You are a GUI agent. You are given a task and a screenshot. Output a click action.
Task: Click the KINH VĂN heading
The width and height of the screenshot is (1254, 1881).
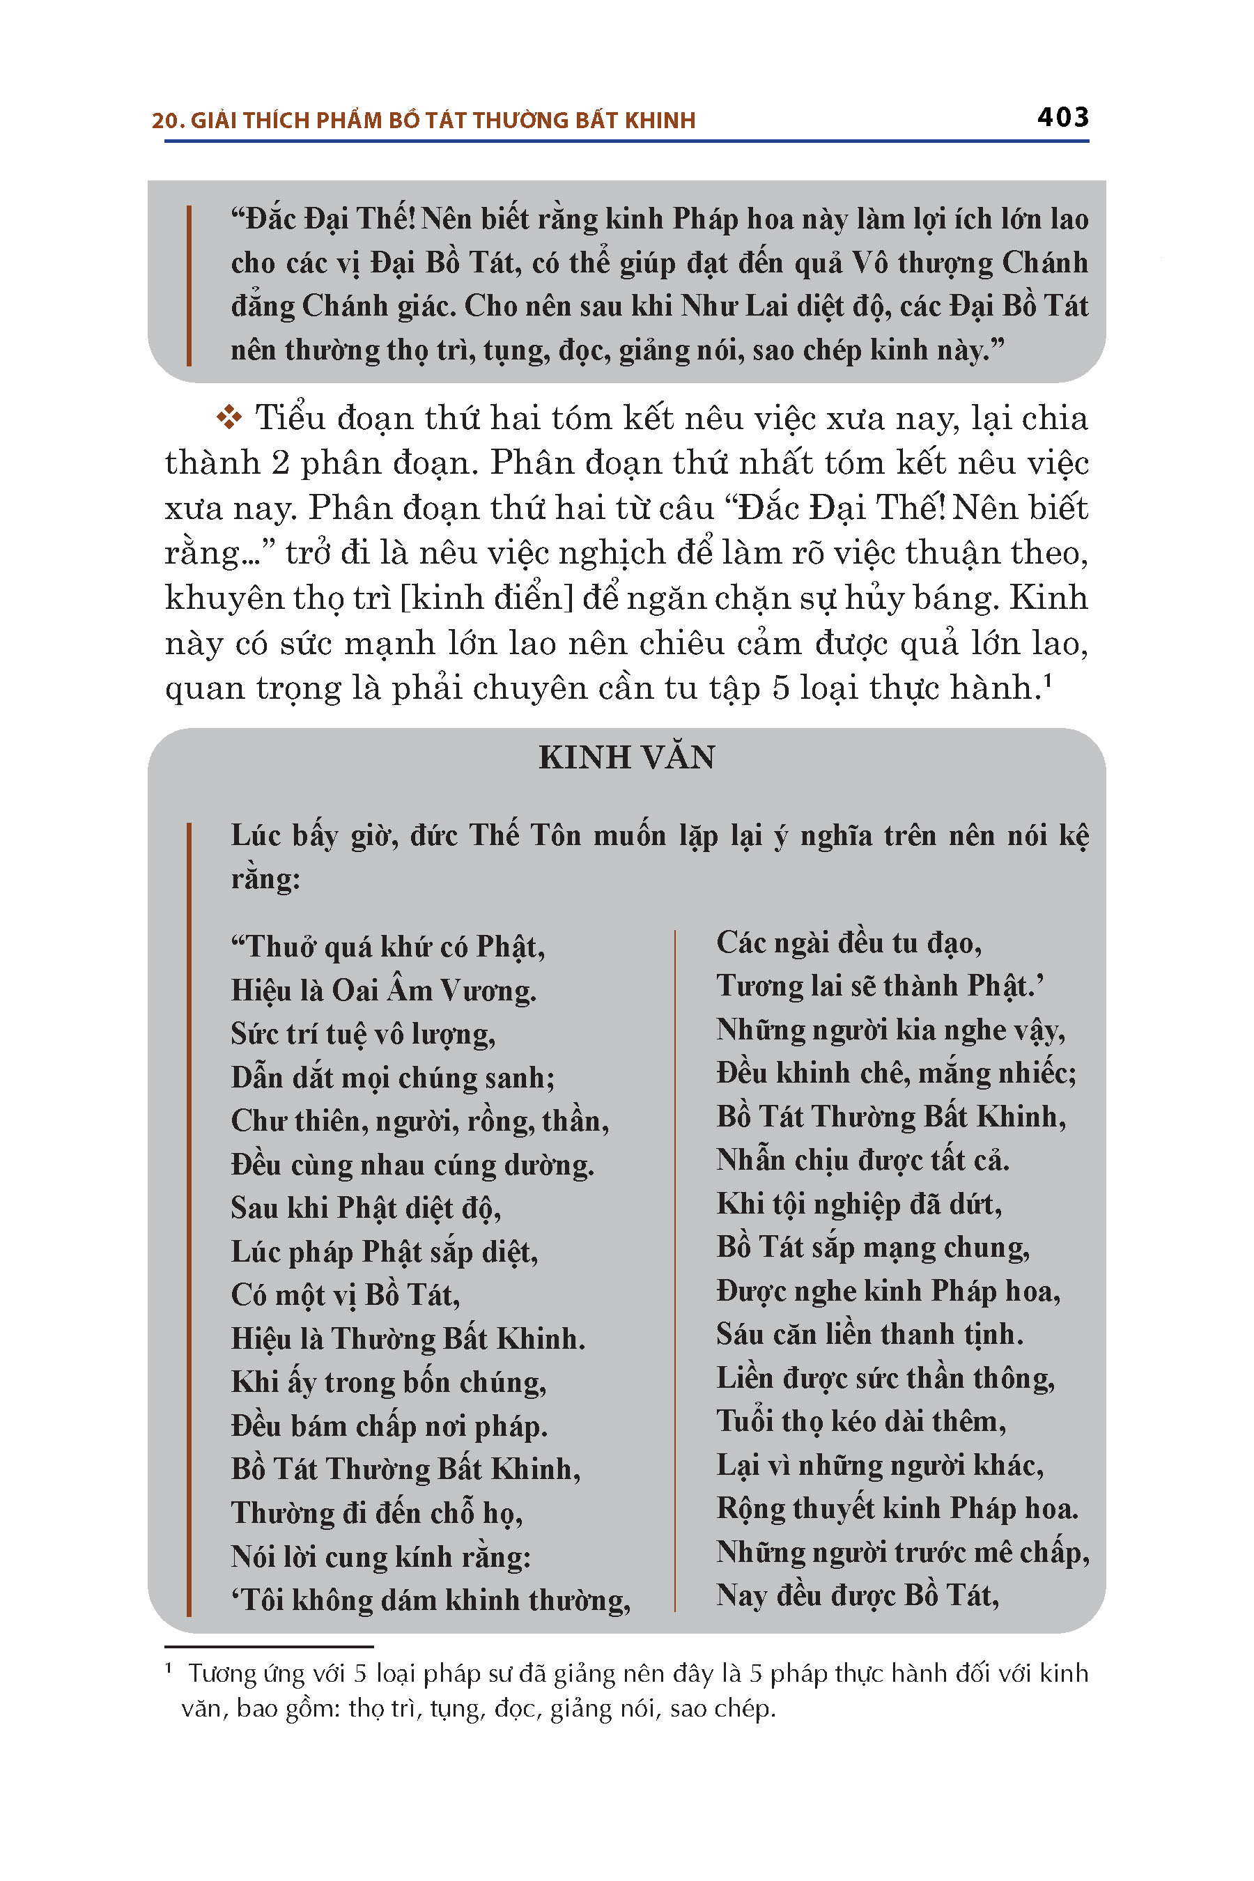pyautogui.click(x=626, y=757)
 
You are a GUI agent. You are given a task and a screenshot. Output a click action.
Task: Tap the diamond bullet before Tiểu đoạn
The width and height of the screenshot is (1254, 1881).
pyautogui.click(x=229, y=417)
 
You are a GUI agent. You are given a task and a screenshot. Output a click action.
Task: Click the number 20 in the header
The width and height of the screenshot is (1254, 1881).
pyautogui.click(x=164, y=121)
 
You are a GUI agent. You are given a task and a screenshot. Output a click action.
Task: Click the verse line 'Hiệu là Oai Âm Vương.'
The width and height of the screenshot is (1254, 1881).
pyautogui.click(x=383, y=991)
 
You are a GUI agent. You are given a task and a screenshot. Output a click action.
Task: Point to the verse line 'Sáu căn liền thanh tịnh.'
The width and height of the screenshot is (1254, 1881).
pyautogui.click(x=869, y=1334)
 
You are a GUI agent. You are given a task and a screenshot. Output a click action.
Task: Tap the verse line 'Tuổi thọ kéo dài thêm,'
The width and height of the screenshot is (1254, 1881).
pyautogui.click(x=860, y=1421)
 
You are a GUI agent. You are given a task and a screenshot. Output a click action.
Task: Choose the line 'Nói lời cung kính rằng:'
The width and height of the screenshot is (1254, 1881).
pyautogui.click(x=380, y=1556)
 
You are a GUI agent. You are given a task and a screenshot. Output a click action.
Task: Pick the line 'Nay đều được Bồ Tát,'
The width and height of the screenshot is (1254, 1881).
pyautogui.click(x=858, y=1595)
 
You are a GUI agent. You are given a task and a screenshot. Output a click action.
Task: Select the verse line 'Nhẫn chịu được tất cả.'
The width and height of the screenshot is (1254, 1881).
pyautogui.click(x=862, y=1160)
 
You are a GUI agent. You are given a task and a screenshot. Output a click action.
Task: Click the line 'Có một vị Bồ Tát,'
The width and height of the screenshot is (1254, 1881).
pyautogui.click(x=346, y=1295)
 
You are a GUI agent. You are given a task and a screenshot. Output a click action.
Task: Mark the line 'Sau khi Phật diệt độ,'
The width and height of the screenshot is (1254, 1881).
pyautogui.click(x=366, y=1207)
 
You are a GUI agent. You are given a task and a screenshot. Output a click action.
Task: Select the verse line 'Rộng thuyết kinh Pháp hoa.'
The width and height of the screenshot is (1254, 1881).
pyautogui.click(x=897, y=1508)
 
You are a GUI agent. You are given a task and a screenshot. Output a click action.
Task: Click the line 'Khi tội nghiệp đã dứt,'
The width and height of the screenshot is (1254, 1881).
pyautogui.click(x=859, y=1204)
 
